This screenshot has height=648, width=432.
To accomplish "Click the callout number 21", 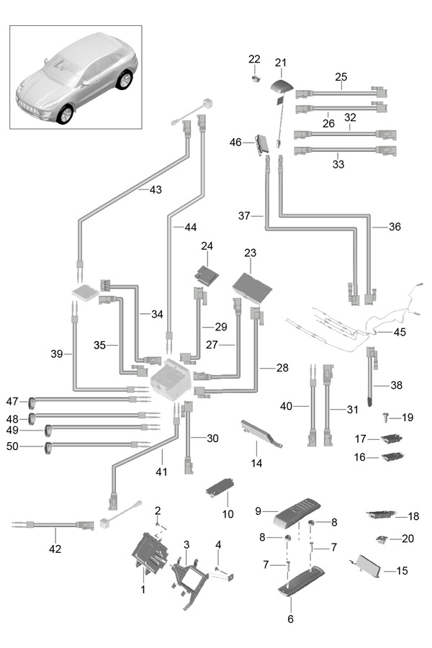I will pos(280,63).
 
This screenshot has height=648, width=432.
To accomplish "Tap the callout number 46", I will pos(235,143).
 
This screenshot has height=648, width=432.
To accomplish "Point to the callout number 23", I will pos(250,253).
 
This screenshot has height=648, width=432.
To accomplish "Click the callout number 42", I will pos(55,549).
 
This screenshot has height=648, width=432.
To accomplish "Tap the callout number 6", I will pos(291,618).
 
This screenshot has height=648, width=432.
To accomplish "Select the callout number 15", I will pos(402,571).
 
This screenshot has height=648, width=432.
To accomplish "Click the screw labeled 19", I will pos(387,417).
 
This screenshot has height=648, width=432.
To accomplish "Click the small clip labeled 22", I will pos(256,77).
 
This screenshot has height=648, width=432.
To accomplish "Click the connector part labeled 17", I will pos(391,438).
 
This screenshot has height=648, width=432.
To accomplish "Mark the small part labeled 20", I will pos(383,539).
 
